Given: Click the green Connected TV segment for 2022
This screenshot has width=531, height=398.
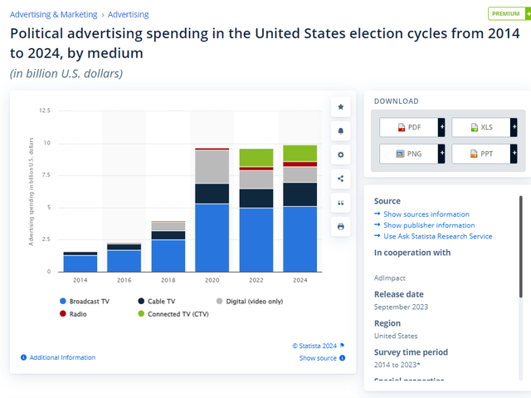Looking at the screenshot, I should [x=256, y=157].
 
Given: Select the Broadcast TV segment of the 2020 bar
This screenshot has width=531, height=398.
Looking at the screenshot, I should [x=212, y=237].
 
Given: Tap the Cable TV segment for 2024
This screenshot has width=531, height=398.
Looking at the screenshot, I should [x=300, y=194].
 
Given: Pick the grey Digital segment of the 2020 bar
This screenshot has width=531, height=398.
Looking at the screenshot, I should [x=212, y=166].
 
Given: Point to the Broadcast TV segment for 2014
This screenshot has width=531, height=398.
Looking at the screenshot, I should [x=80, y=263].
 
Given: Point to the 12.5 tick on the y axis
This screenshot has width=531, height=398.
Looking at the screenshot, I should [x=45, y=111].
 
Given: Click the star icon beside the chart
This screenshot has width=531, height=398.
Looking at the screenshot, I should [x=340, y=107].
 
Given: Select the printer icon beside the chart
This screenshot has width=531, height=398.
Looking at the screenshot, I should [x=340, y=227].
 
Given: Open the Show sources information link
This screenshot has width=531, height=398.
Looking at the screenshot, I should [x=426, y=214].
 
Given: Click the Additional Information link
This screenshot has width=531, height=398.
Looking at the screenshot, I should [x=62, y=357].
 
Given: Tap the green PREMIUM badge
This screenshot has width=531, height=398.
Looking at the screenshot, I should [x=505, y=14].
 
